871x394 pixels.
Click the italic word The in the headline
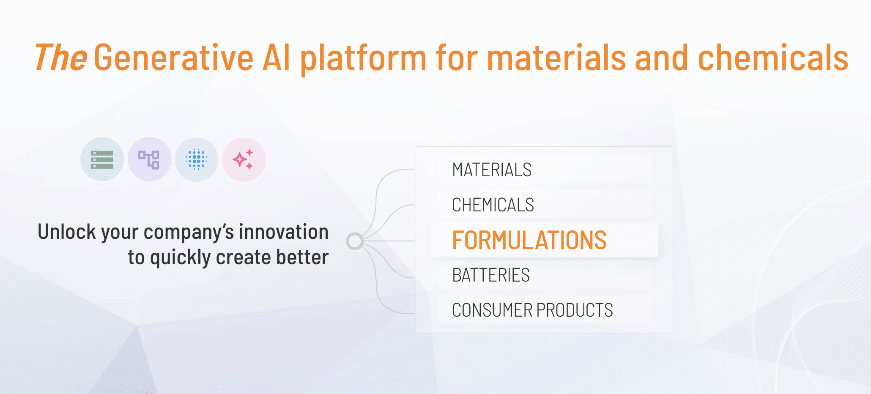(x=61, y=58)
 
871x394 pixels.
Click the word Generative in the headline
(x=173, y=58)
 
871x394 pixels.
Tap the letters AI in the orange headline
(x=277, y=58)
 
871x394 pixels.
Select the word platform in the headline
(x=363, y=59)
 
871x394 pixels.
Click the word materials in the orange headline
(x=556, y=58)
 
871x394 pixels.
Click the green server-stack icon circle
(x=102, y=159)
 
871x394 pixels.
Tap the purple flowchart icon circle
(x=149, y=159)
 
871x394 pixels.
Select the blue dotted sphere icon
(x=197, y=159)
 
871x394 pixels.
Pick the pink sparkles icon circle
(x=244, y=159)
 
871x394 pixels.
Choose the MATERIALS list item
(x=492, y=170)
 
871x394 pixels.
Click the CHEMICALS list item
(x=493, y=205)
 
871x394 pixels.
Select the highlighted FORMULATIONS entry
(x=529, y=240)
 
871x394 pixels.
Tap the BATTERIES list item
(x=491, y=275)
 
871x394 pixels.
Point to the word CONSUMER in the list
(x=492, y=310)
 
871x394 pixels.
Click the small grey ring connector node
(x=355, y=241)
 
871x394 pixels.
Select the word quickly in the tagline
(x=180, y=258)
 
